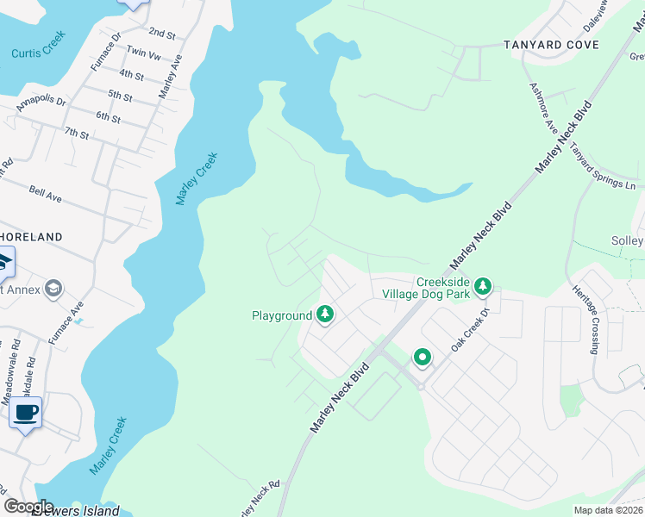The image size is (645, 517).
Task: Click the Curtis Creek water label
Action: pos(38,53)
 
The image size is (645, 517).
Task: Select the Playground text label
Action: pos(282,315)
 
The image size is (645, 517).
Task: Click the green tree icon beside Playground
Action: pos(325,315)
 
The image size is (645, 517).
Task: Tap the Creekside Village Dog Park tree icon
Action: pos(484,285)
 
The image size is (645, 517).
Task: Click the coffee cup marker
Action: pos(26,413)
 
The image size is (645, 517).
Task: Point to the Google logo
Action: pos(28,507)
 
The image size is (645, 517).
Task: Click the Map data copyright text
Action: pos(608,510)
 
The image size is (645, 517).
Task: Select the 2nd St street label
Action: pos(161,33)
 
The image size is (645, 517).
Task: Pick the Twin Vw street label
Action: pos(143,53)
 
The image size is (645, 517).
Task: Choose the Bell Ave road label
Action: pos(45,196)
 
